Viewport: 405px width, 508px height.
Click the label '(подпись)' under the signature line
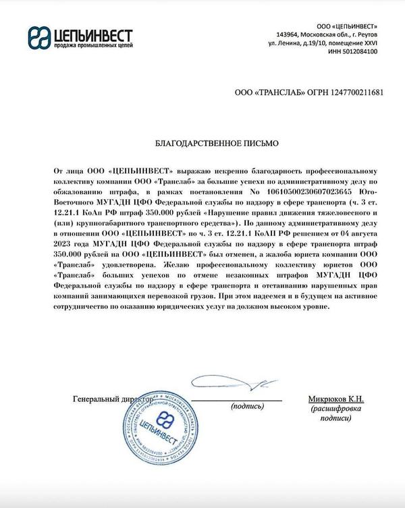pyautogui.click(x=248, y=407)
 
